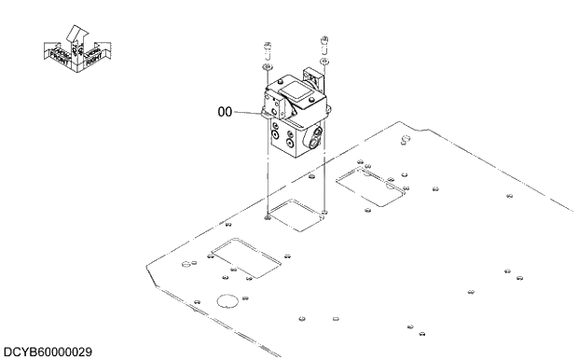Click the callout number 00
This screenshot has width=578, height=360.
click(x=224, y=112)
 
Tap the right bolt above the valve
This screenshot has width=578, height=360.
click(x=323, y=41)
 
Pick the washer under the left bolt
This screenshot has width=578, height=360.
click(x=266, y=66)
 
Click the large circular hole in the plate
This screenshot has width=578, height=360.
click(x=227, y=300)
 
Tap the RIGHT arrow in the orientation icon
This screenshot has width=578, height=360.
click(x=93, y=55)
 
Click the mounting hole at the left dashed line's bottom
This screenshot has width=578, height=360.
click(x=268, y=218)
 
